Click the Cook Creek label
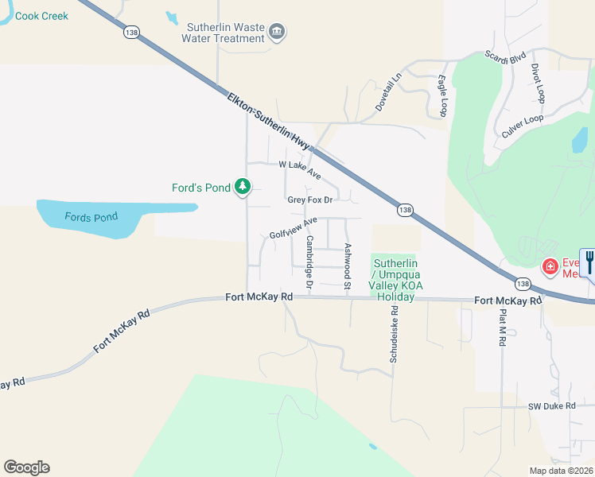click(x=41, y=16)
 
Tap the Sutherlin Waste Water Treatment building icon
click(x=278, y=32)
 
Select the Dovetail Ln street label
click(x=390, y=93)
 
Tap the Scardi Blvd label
click(x=505, y=56)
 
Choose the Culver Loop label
click(x=523, y=126)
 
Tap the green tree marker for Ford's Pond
click(x=243, y=188)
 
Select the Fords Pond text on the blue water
click(x=91, y=217)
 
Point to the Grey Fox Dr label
click(x=309, y=200)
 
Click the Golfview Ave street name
click(x=294, y=228)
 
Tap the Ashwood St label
click(x=347, y=262)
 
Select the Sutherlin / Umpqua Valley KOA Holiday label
click(x=395, y=280)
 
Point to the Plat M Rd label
click(x=502, y=327)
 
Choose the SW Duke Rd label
click(x=551, y=406)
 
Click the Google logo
click(x=26, y=467)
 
